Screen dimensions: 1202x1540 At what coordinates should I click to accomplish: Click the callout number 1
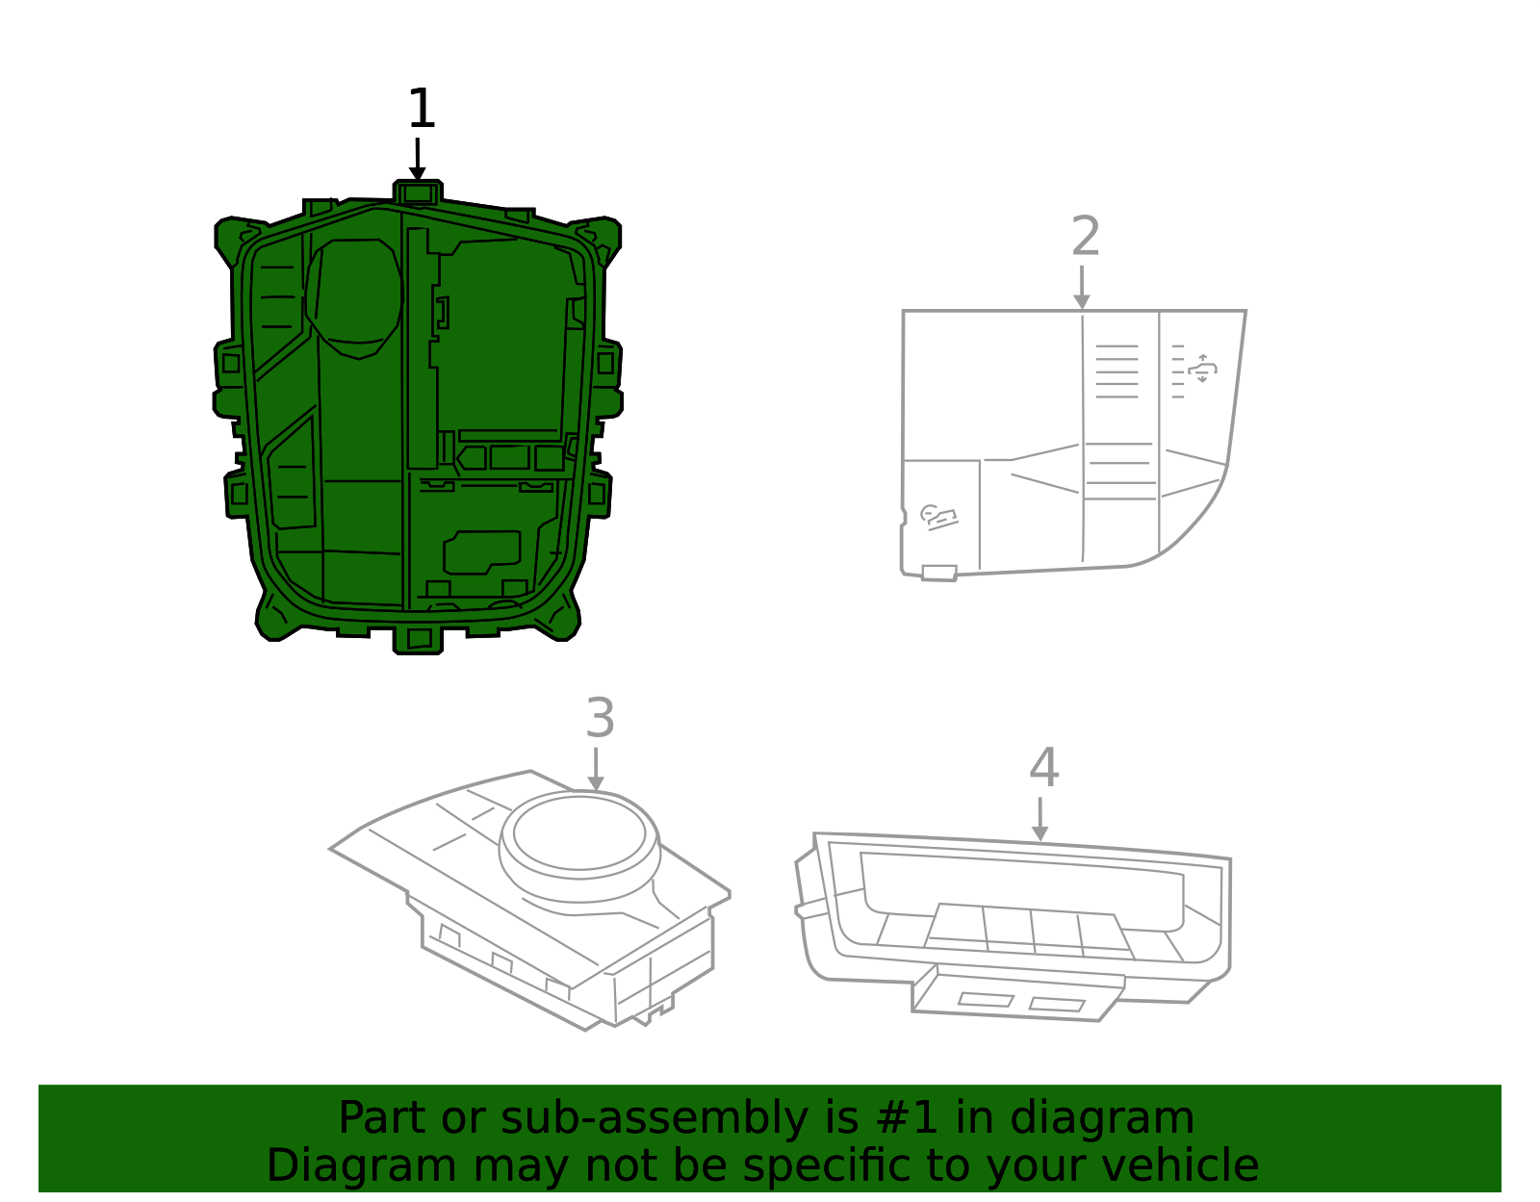tap(422, 110)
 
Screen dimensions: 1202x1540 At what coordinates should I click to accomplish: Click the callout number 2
tap(1085, 237)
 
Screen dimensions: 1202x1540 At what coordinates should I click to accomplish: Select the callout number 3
tap(600, 719)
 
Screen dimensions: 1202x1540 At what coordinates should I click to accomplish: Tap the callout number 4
tap(1043, 768)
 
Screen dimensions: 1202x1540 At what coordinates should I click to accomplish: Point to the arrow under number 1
tap(417, 160)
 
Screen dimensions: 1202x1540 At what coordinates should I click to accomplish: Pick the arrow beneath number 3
tap(596, 770)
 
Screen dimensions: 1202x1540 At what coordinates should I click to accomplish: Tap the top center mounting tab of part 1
tap(418, 192)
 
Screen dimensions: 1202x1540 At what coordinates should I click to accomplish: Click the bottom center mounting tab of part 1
tap(419, 639)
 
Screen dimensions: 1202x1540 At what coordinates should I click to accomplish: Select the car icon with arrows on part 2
tap(1202, 369)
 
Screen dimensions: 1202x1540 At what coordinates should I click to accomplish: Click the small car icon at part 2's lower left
tap(938, 517)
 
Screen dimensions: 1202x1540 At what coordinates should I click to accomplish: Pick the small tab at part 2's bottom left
tap(938, 574)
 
